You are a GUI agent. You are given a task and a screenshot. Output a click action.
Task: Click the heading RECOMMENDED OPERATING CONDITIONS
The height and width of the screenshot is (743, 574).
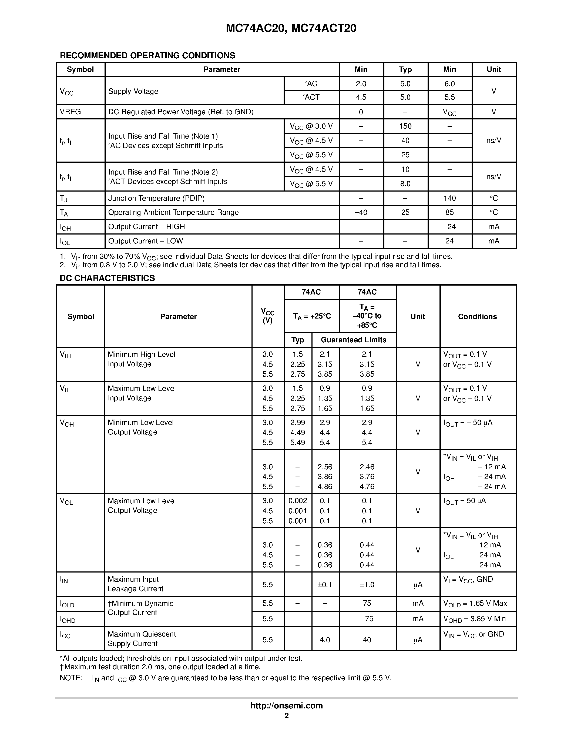coord(147,55)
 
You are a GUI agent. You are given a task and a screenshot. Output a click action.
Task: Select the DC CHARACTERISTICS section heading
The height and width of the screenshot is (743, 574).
coord(107,278)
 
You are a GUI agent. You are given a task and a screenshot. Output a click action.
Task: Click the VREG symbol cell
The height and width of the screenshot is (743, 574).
coord(71,112)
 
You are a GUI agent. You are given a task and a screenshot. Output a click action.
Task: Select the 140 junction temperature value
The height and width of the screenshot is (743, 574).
coord(449,198)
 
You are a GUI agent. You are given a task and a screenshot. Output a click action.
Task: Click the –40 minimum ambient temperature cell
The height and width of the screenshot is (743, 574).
coord(361,212)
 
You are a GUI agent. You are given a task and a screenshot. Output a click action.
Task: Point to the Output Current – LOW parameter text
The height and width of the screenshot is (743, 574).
coord(146,241)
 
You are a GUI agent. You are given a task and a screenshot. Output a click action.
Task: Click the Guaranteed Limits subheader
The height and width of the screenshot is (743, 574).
coord(353,340)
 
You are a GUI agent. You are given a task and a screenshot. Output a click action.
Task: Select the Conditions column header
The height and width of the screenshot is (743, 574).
coord(477,316)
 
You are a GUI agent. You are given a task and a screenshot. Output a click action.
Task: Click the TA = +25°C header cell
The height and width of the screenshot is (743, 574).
coord(312,316)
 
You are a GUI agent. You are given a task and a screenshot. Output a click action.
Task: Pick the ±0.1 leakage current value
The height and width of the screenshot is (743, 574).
coord(325,584)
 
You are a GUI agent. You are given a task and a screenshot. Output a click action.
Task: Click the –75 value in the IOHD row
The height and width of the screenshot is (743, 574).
coord(367,618)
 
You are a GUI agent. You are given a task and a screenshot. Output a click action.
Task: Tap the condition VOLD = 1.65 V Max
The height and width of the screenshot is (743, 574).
coord(475,604)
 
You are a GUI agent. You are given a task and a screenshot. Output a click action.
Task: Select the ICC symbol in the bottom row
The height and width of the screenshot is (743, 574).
coord(65,635)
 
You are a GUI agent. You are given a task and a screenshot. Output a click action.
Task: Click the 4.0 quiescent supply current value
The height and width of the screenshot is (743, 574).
coord(325,640)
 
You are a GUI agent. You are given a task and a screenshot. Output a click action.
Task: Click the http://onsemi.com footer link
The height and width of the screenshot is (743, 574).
coord(286,705)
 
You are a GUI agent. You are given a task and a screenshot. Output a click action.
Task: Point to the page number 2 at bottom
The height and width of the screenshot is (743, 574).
coord(286,715)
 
